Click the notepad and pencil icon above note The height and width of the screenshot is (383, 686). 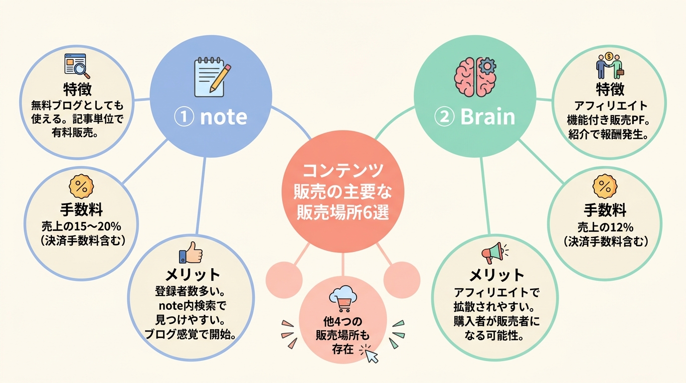[x=212, y=77]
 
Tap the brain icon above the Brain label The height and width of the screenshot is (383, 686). [x=475, y=77]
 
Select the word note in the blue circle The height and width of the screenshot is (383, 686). [x=223, y=117]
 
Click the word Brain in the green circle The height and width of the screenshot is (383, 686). [x=488, y=117]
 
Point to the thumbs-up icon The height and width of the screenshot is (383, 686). [x=190, y=252]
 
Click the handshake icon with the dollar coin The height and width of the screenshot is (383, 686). [x=609, y=65]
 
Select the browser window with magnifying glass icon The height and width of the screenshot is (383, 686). [x=77, y=66]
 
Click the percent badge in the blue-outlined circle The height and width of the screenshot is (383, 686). [x=81, y=187]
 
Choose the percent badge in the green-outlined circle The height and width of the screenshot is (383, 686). [x=605, y=187]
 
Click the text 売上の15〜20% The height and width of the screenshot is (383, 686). [x=81, y=227]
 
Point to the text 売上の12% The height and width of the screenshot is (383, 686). [x=605, y=227]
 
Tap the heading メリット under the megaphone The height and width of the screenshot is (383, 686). [x=496, y=275]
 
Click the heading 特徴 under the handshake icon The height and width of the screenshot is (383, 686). [x=610, y=89]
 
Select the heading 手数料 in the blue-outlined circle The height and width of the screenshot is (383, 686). [x=81, y=210]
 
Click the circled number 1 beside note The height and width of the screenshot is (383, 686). [x=184, y=117]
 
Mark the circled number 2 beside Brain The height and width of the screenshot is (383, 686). [x=444, y=117]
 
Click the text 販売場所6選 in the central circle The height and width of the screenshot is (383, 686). [x=343, y=212]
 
